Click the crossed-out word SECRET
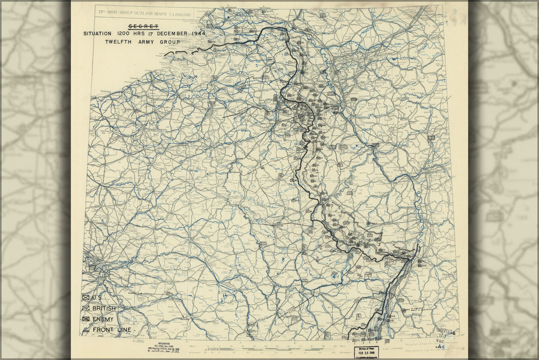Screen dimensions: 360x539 [144, 26]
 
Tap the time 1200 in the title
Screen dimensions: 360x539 [128, 34]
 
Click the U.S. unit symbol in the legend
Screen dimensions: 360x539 [86, 297]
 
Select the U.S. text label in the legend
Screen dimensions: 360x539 [97, 297]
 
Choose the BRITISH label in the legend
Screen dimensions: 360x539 [104, 308]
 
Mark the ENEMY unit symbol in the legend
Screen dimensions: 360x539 [86, 319]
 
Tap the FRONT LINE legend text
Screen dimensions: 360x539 [111, 330]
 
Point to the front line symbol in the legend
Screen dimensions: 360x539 [86, 330]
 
